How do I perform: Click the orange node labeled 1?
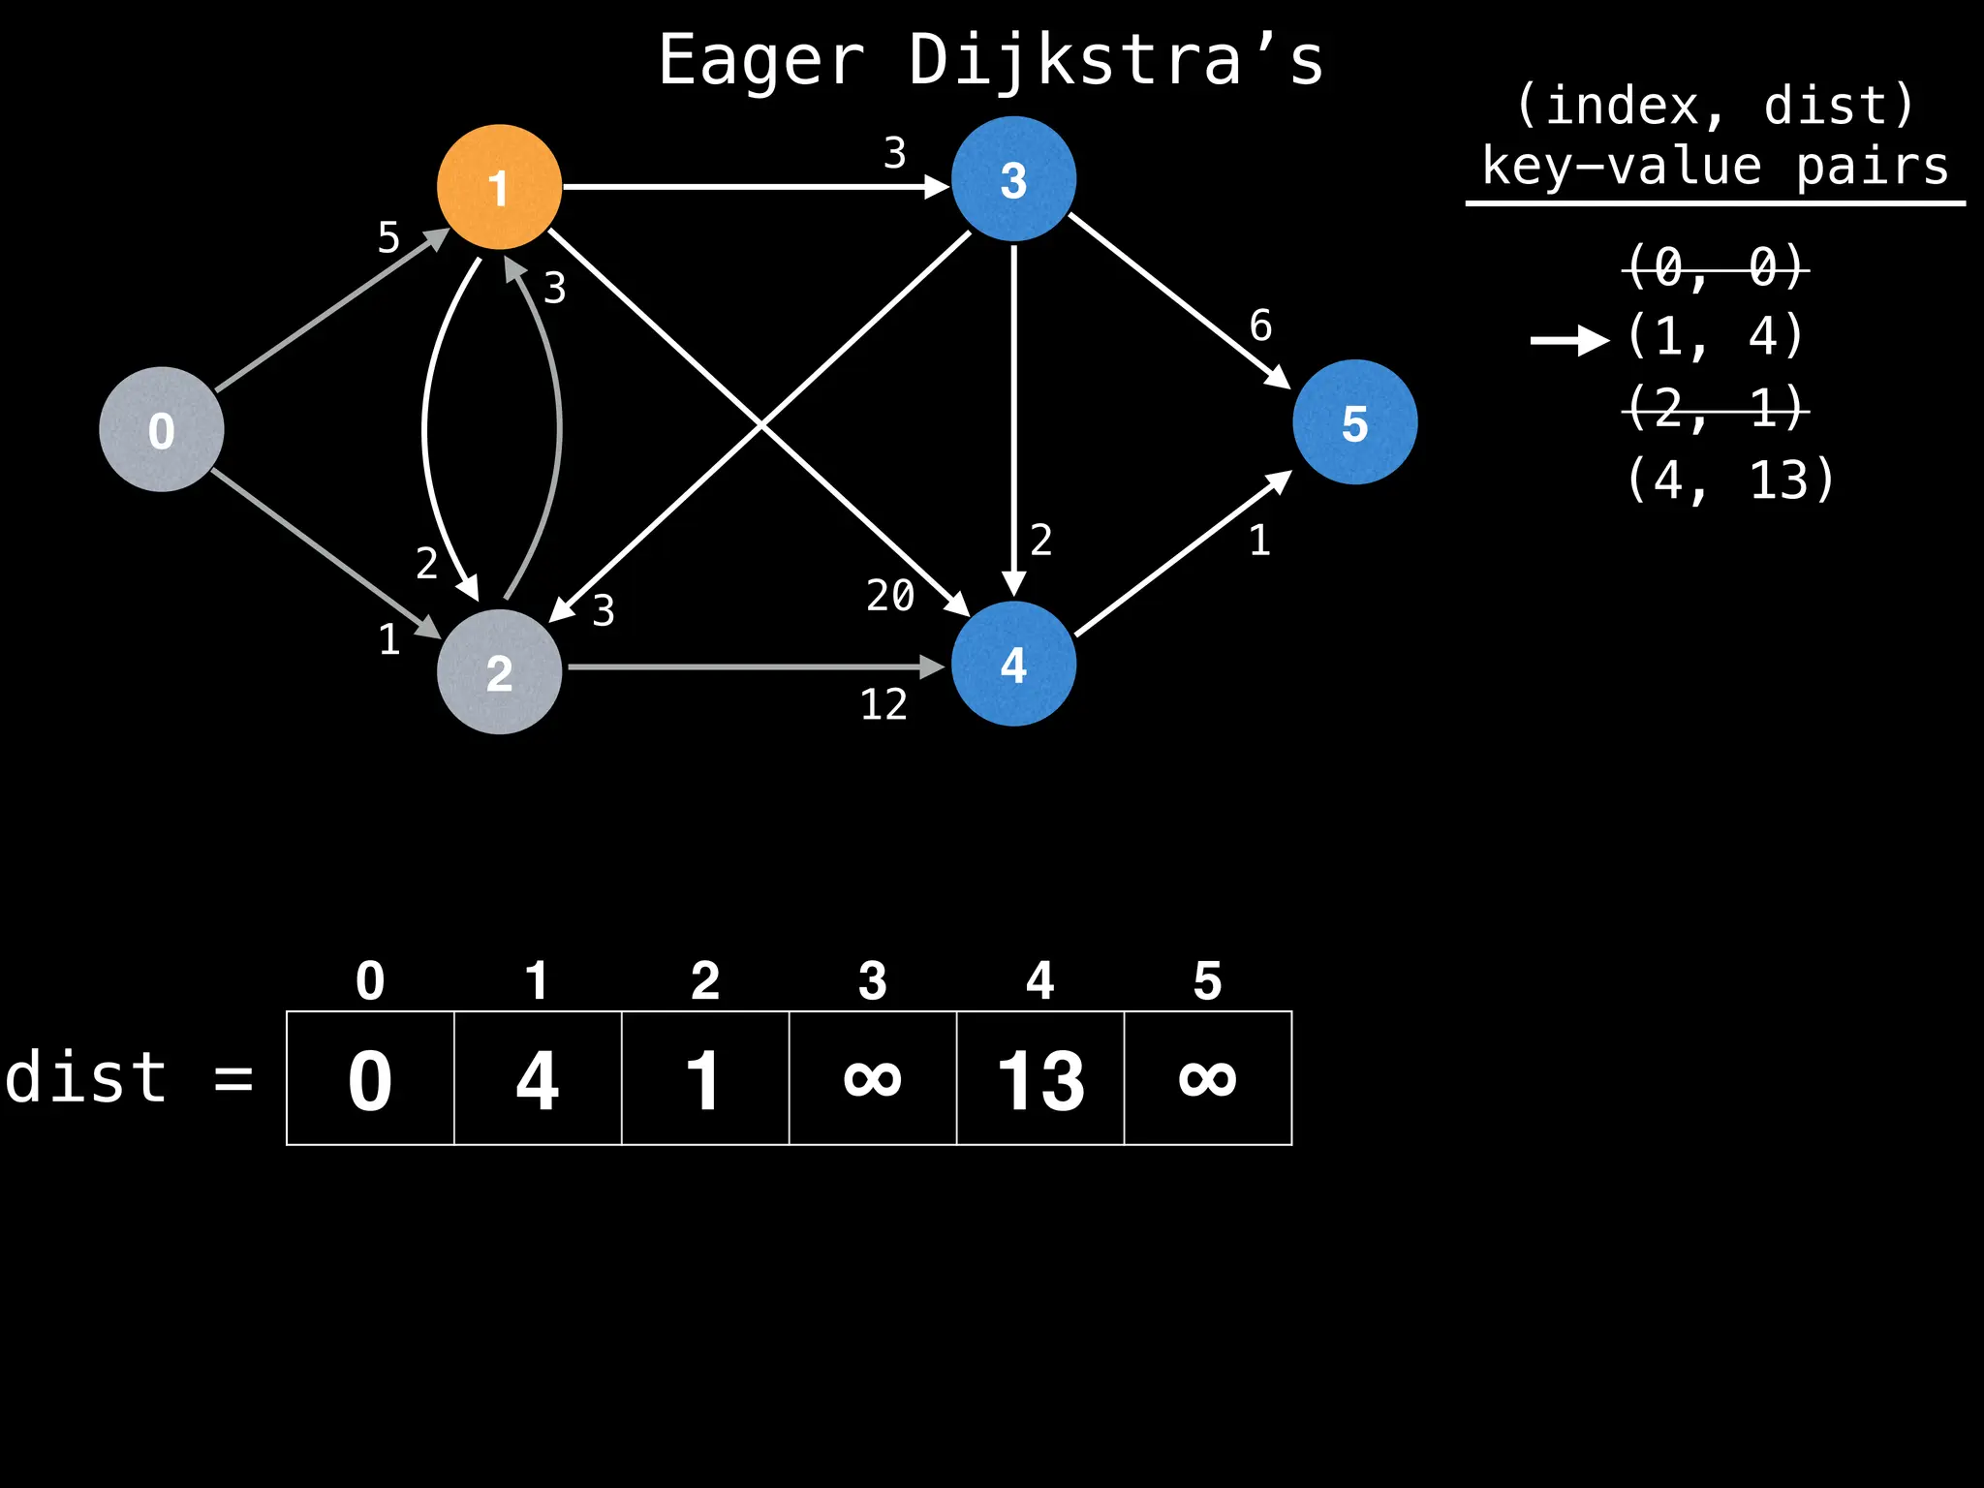[499, 187]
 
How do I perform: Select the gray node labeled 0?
[162, 429]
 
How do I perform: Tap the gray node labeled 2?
[499, 671]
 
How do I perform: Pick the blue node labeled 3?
[1013, 179]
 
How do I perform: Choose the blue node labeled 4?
[1013, 664]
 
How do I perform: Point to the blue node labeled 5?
[1354, 422]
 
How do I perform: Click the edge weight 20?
[890, 595]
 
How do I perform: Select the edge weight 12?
[883, 704]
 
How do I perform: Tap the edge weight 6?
[1260, 325]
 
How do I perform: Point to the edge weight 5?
[388, 237]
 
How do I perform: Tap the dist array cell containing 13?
[1040, 1078]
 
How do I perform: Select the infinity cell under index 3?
[873, 1078]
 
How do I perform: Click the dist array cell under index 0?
[370, 1078]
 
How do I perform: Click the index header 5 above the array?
[1207, 981]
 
